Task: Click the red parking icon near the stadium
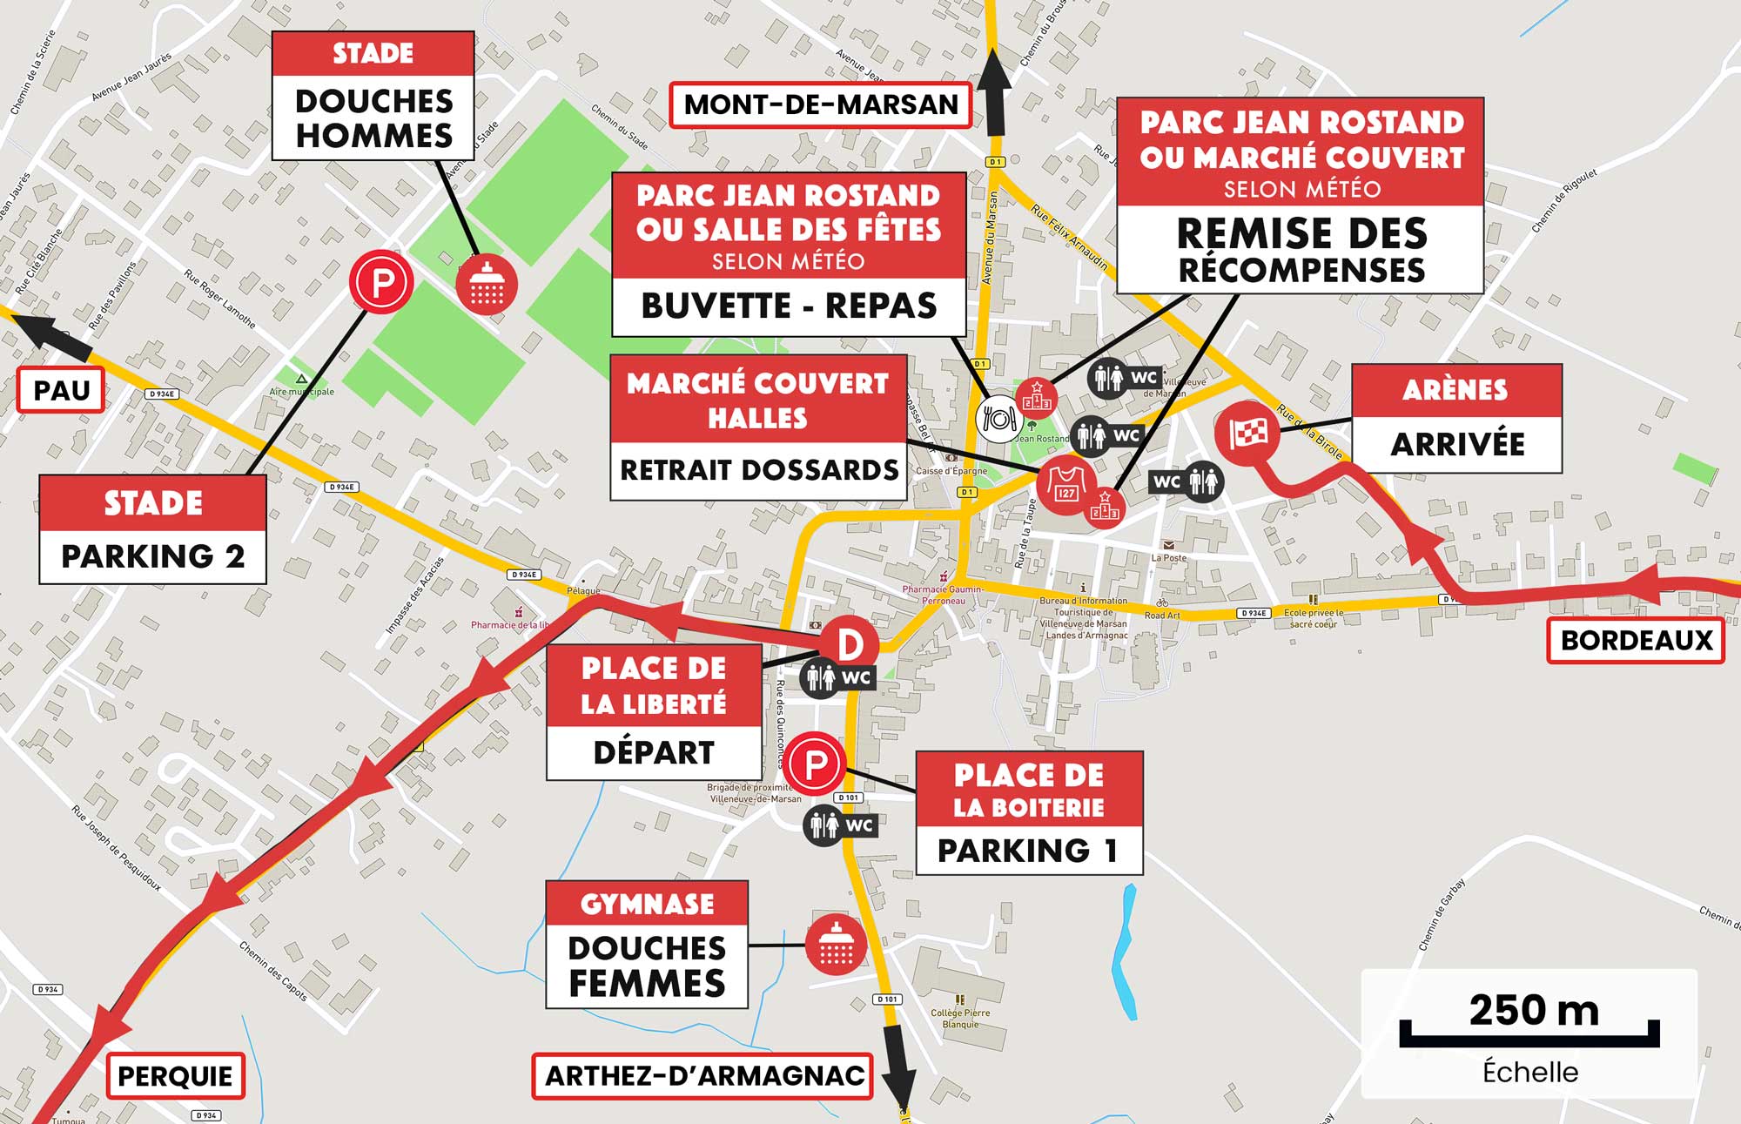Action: pyautogui.click(x=380, y=281)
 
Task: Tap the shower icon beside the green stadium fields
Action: pyautogui.click(x=487, y=285)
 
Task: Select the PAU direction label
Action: pyautogui.click(x=61, y=390)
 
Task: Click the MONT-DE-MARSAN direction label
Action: pyautogui.click(x=820, y=104)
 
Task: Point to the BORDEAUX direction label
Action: pyautogui.click(x=1636, y=641)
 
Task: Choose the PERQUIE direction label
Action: pyautogui.click(x=175, y=1076)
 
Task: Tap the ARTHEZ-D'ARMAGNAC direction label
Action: pyautogui.click(x=703, y=1076)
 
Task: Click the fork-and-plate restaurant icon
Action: pyautogui.click(x=998, y=419)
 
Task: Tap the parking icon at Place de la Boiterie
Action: pyautogui.click(x=815, y=764)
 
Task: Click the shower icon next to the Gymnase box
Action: pyautogui.click(x=836, y=944)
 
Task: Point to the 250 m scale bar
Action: pyautogui.click(x=1529, y=1033)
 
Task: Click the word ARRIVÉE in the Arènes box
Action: pyautogui.click(x=1456, y=444)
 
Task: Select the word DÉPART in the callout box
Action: pyautogui.click(x=653, y=752)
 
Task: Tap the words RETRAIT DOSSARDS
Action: pyautogui.click(x=758, y=470)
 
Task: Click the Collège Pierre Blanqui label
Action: pyautogui.click(x=960, y=1018)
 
